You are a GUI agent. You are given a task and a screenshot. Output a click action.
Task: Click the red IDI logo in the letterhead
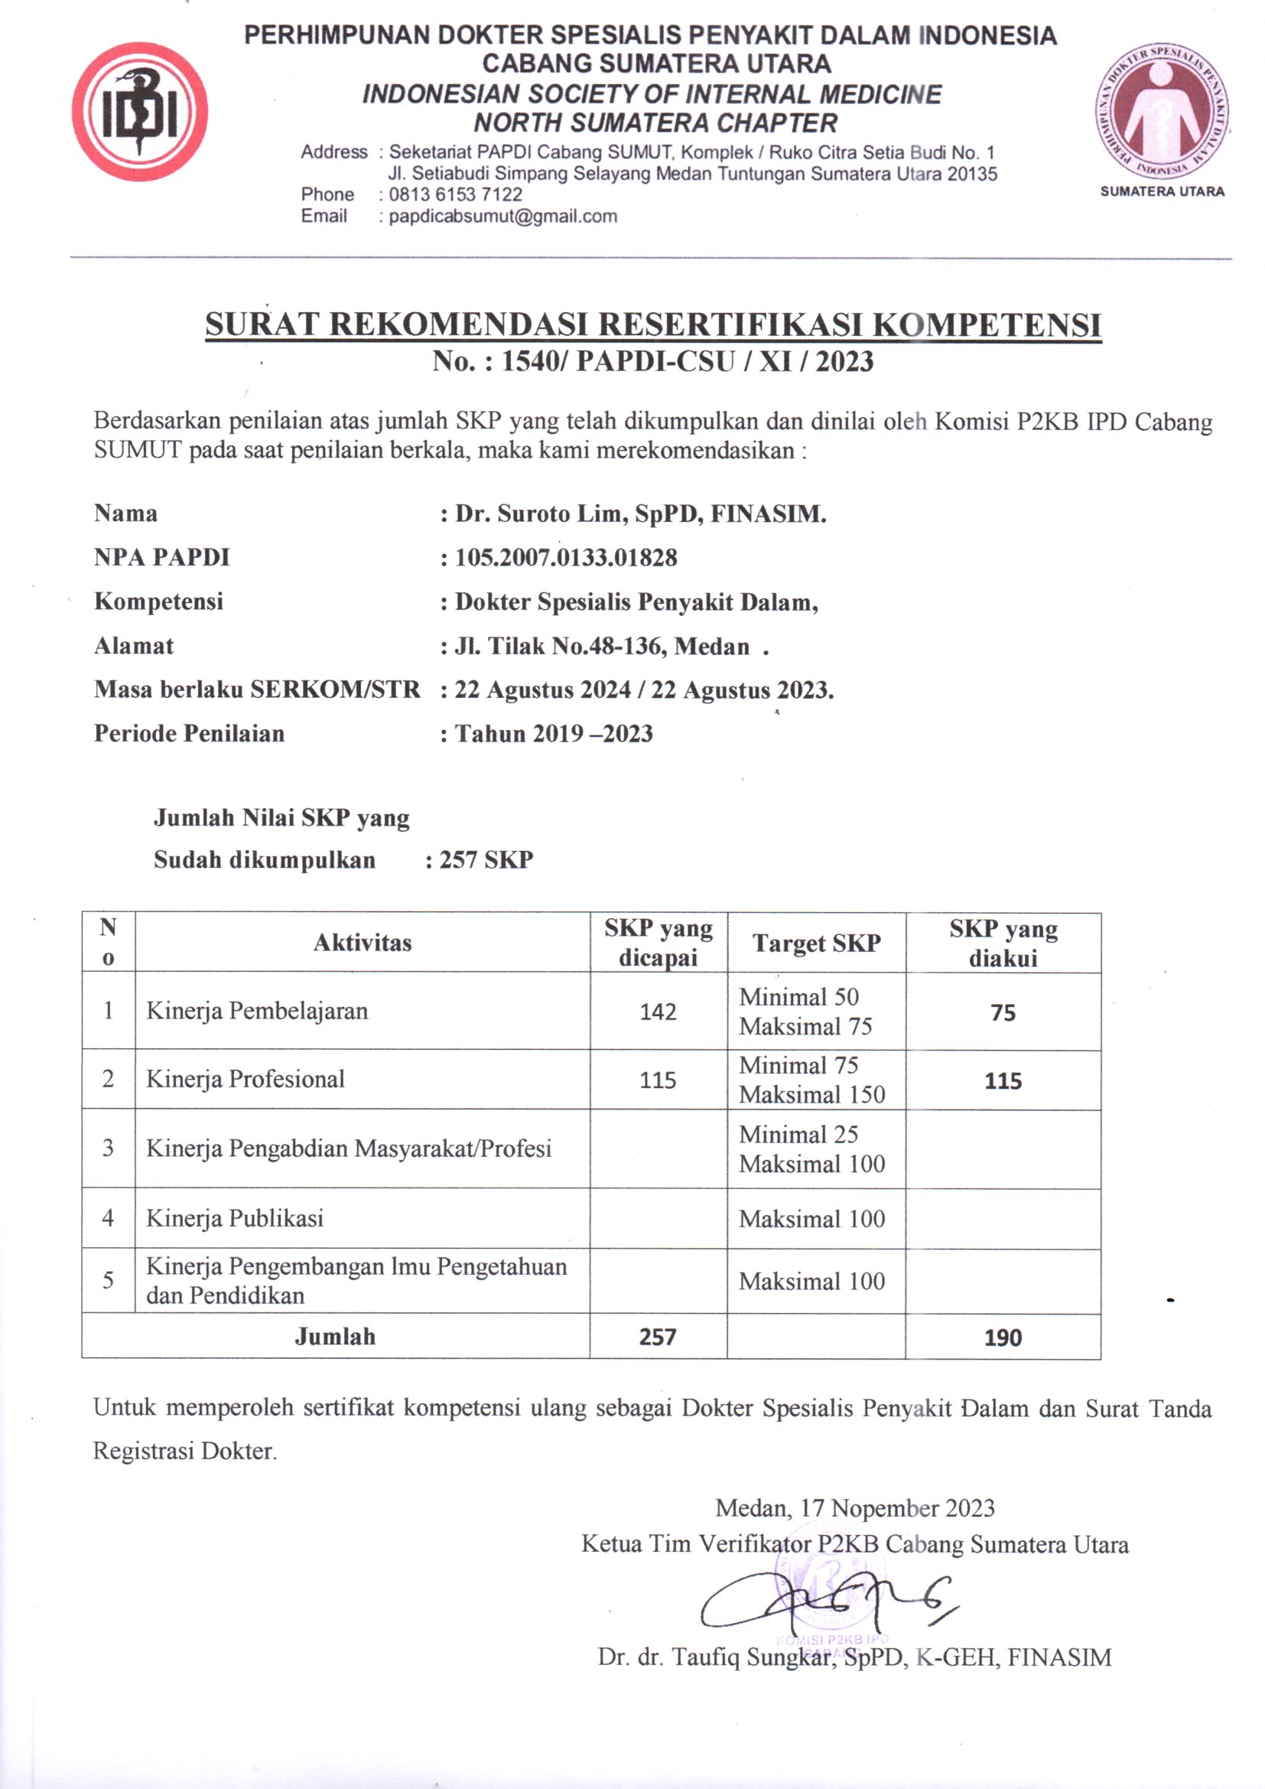point(140,112)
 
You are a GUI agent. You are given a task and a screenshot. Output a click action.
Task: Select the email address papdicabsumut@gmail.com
point(503,217)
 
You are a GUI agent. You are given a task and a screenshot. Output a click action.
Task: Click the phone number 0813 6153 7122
point(456,195)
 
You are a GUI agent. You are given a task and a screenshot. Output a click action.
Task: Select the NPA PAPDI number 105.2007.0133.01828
point(566,558)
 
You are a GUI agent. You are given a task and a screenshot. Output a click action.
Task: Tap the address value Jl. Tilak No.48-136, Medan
point(602,646)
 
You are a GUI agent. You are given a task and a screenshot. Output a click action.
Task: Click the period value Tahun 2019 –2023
point(554,733)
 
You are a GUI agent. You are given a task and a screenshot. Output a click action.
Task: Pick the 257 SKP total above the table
point(486,859)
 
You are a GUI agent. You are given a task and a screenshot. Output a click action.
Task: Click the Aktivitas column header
point(363,943)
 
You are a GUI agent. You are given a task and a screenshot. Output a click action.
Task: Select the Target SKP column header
point(816,943)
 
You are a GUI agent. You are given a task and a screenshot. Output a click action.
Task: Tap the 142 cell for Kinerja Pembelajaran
point(659,1012)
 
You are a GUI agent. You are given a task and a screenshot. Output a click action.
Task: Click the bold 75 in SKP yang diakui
point(1003,1012)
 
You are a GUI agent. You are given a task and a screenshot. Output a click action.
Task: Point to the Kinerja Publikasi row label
point(235,1219)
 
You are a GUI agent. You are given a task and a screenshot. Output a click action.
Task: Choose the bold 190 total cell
point(1003,1338)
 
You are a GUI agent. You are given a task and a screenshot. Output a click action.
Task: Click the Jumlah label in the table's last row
point(335,1337)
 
